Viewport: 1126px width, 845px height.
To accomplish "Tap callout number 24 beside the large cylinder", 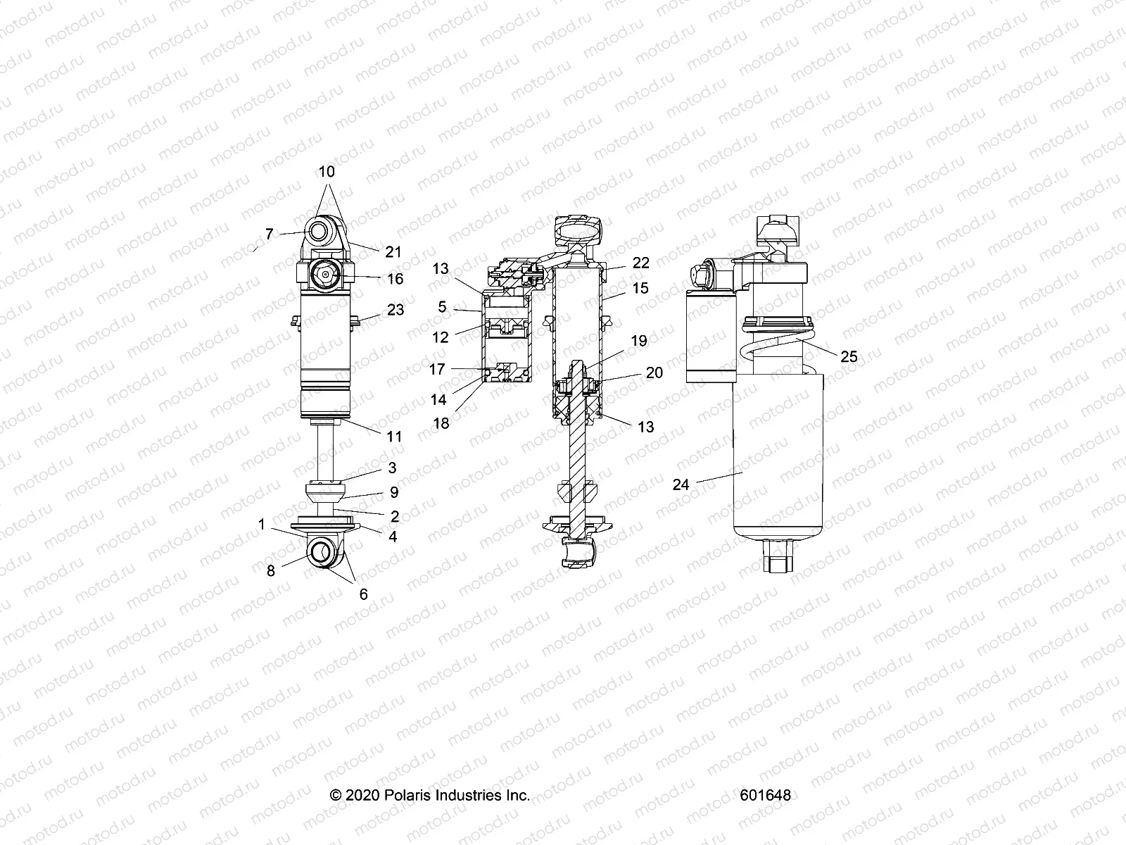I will (681, 484).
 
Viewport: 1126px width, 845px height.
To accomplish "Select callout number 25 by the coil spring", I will (849, 356).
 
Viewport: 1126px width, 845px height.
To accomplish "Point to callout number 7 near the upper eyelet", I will (269, 234).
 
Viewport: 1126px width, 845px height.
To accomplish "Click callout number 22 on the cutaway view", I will (640, 263).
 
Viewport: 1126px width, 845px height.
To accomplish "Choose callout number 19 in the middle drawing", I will (638, 342).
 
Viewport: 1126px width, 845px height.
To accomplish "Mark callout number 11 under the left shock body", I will (394, 436).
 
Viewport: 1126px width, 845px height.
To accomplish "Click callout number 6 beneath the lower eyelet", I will (363, 594).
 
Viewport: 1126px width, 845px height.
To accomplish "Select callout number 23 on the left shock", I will (396, 309).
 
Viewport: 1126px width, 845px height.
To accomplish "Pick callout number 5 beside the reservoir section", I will (442, 308).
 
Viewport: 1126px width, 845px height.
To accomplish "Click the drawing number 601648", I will (765, 795).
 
